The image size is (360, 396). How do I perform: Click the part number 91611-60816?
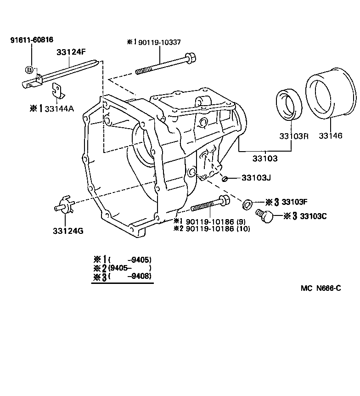(x=31, y=40)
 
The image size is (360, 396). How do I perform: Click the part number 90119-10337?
(x=159, y=42)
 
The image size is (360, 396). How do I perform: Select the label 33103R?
(x=291, y=136)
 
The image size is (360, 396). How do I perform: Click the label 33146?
(x=331, y=136)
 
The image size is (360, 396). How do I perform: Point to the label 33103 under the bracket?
(x=264, y=158)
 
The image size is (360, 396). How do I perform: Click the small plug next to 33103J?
(x=225, y=178)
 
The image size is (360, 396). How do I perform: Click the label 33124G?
(x=68, y=230)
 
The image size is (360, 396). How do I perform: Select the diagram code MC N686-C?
(x=321, y=289)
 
